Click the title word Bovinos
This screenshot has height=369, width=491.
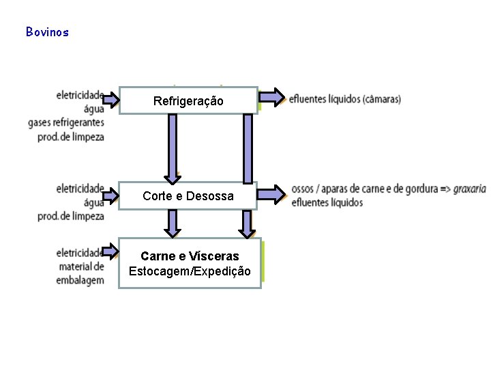pyautogui.click(x=47, y=32)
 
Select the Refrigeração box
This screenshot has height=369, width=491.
pyautogui.click(x=188, y=100)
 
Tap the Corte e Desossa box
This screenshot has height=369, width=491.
pyautogui.click(x=188, y=196)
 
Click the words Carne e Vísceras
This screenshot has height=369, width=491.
pyautogui.click(x=190, y=256)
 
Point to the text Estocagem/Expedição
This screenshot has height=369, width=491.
pyautogui.click(x=190, y=271)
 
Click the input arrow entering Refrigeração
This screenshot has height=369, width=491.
pyautogui.click(x=110, y=100)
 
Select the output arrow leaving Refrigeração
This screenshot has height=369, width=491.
pyautogui.click(x=271, y=98)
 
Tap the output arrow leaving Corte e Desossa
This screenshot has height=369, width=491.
pyautogui.click(x=271, y=194)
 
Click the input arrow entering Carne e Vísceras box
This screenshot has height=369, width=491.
pyautogui.click(x=110, y=253)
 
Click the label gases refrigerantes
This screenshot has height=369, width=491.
pyautogui.click(x=67, y=122)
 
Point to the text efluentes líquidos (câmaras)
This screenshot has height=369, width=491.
pyautogui.click(x=345, y=99)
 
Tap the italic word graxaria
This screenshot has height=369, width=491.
pyautogui.click(x=470, y=189)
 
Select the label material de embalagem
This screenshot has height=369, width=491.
pyautogui.click(x=81, y=273)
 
